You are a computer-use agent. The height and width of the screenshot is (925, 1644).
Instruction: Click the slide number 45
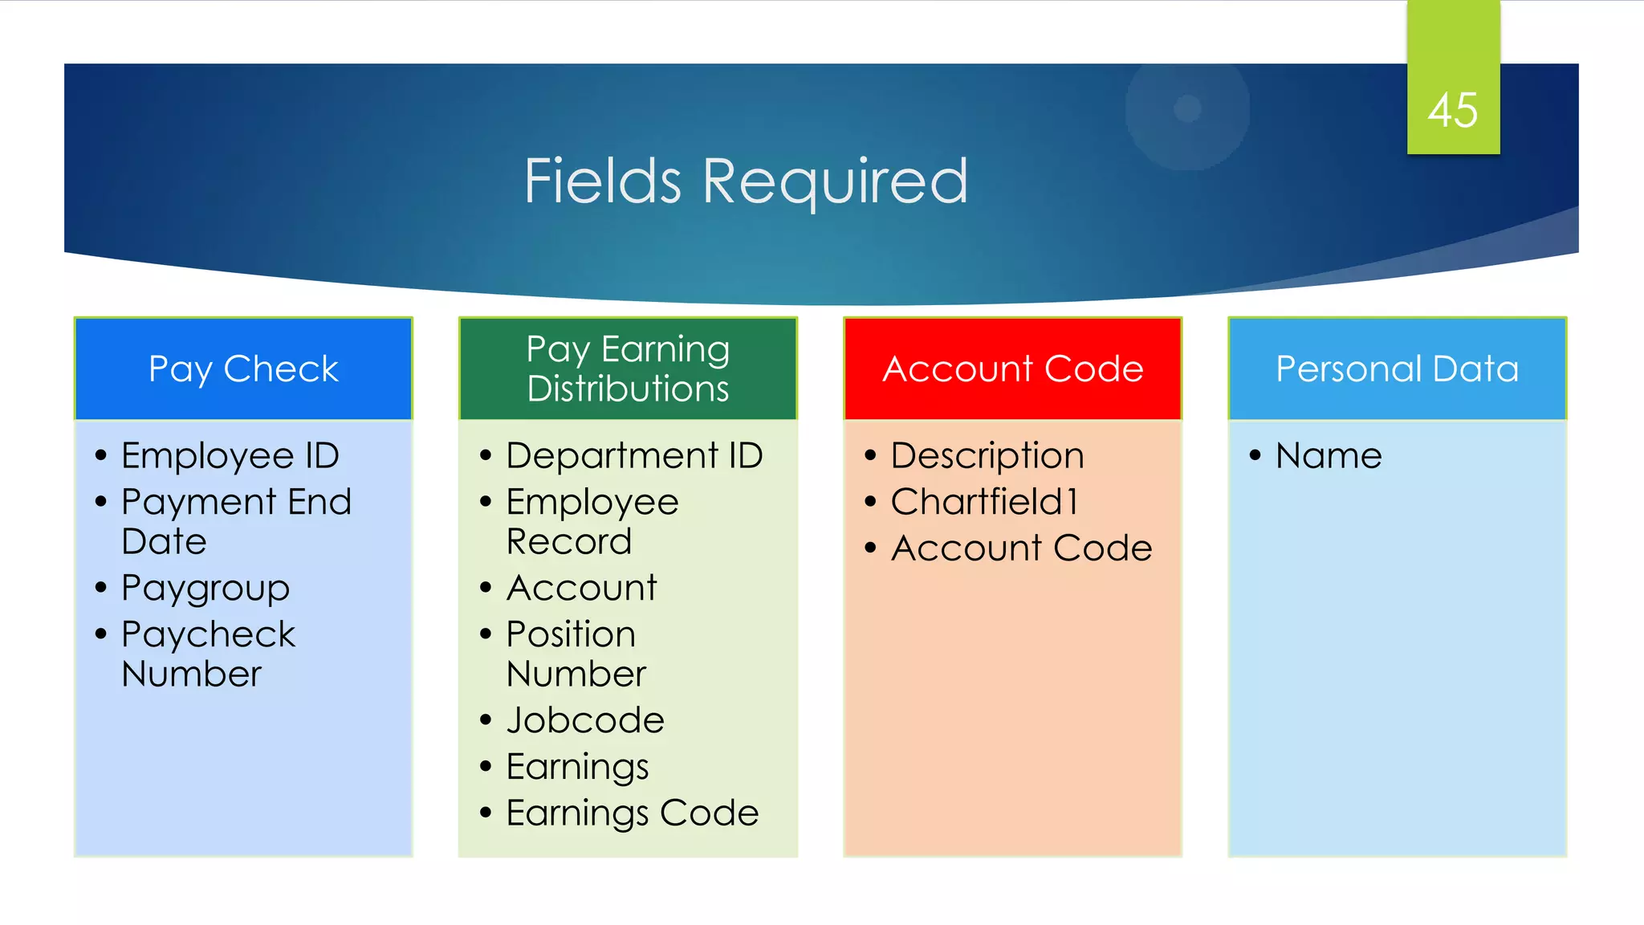1452,110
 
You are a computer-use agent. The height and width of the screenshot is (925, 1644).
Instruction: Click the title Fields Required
746,181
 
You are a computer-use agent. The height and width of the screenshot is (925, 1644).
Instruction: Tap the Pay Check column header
243,369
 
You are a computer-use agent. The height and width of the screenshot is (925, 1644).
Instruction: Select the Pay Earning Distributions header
628,369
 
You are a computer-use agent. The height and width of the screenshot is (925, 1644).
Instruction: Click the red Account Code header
1012,369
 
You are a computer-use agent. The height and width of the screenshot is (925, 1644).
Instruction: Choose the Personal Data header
1397,369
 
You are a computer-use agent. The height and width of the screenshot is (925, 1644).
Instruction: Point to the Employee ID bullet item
230,456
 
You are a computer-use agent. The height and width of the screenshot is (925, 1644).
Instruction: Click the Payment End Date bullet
236,521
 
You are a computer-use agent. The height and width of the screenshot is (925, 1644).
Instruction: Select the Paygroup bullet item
205,589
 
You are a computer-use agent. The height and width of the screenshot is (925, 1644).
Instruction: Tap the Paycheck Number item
208,654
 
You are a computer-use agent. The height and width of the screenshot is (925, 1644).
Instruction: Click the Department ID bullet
634,456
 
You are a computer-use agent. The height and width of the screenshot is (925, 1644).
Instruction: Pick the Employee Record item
592,521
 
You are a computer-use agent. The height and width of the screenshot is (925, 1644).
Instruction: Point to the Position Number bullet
576,654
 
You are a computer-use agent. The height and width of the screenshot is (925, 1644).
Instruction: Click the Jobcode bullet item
585,720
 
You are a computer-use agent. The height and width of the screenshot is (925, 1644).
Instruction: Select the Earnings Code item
633,813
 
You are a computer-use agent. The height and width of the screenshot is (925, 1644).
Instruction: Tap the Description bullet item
987,456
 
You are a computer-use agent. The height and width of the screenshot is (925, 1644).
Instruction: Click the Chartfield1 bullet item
984,502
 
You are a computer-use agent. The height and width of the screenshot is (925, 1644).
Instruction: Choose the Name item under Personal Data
1329,456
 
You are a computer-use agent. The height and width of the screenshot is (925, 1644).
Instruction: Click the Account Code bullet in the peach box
1021,548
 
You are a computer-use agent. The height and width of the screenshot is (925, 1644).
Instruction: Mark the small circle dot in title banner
1187,108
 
